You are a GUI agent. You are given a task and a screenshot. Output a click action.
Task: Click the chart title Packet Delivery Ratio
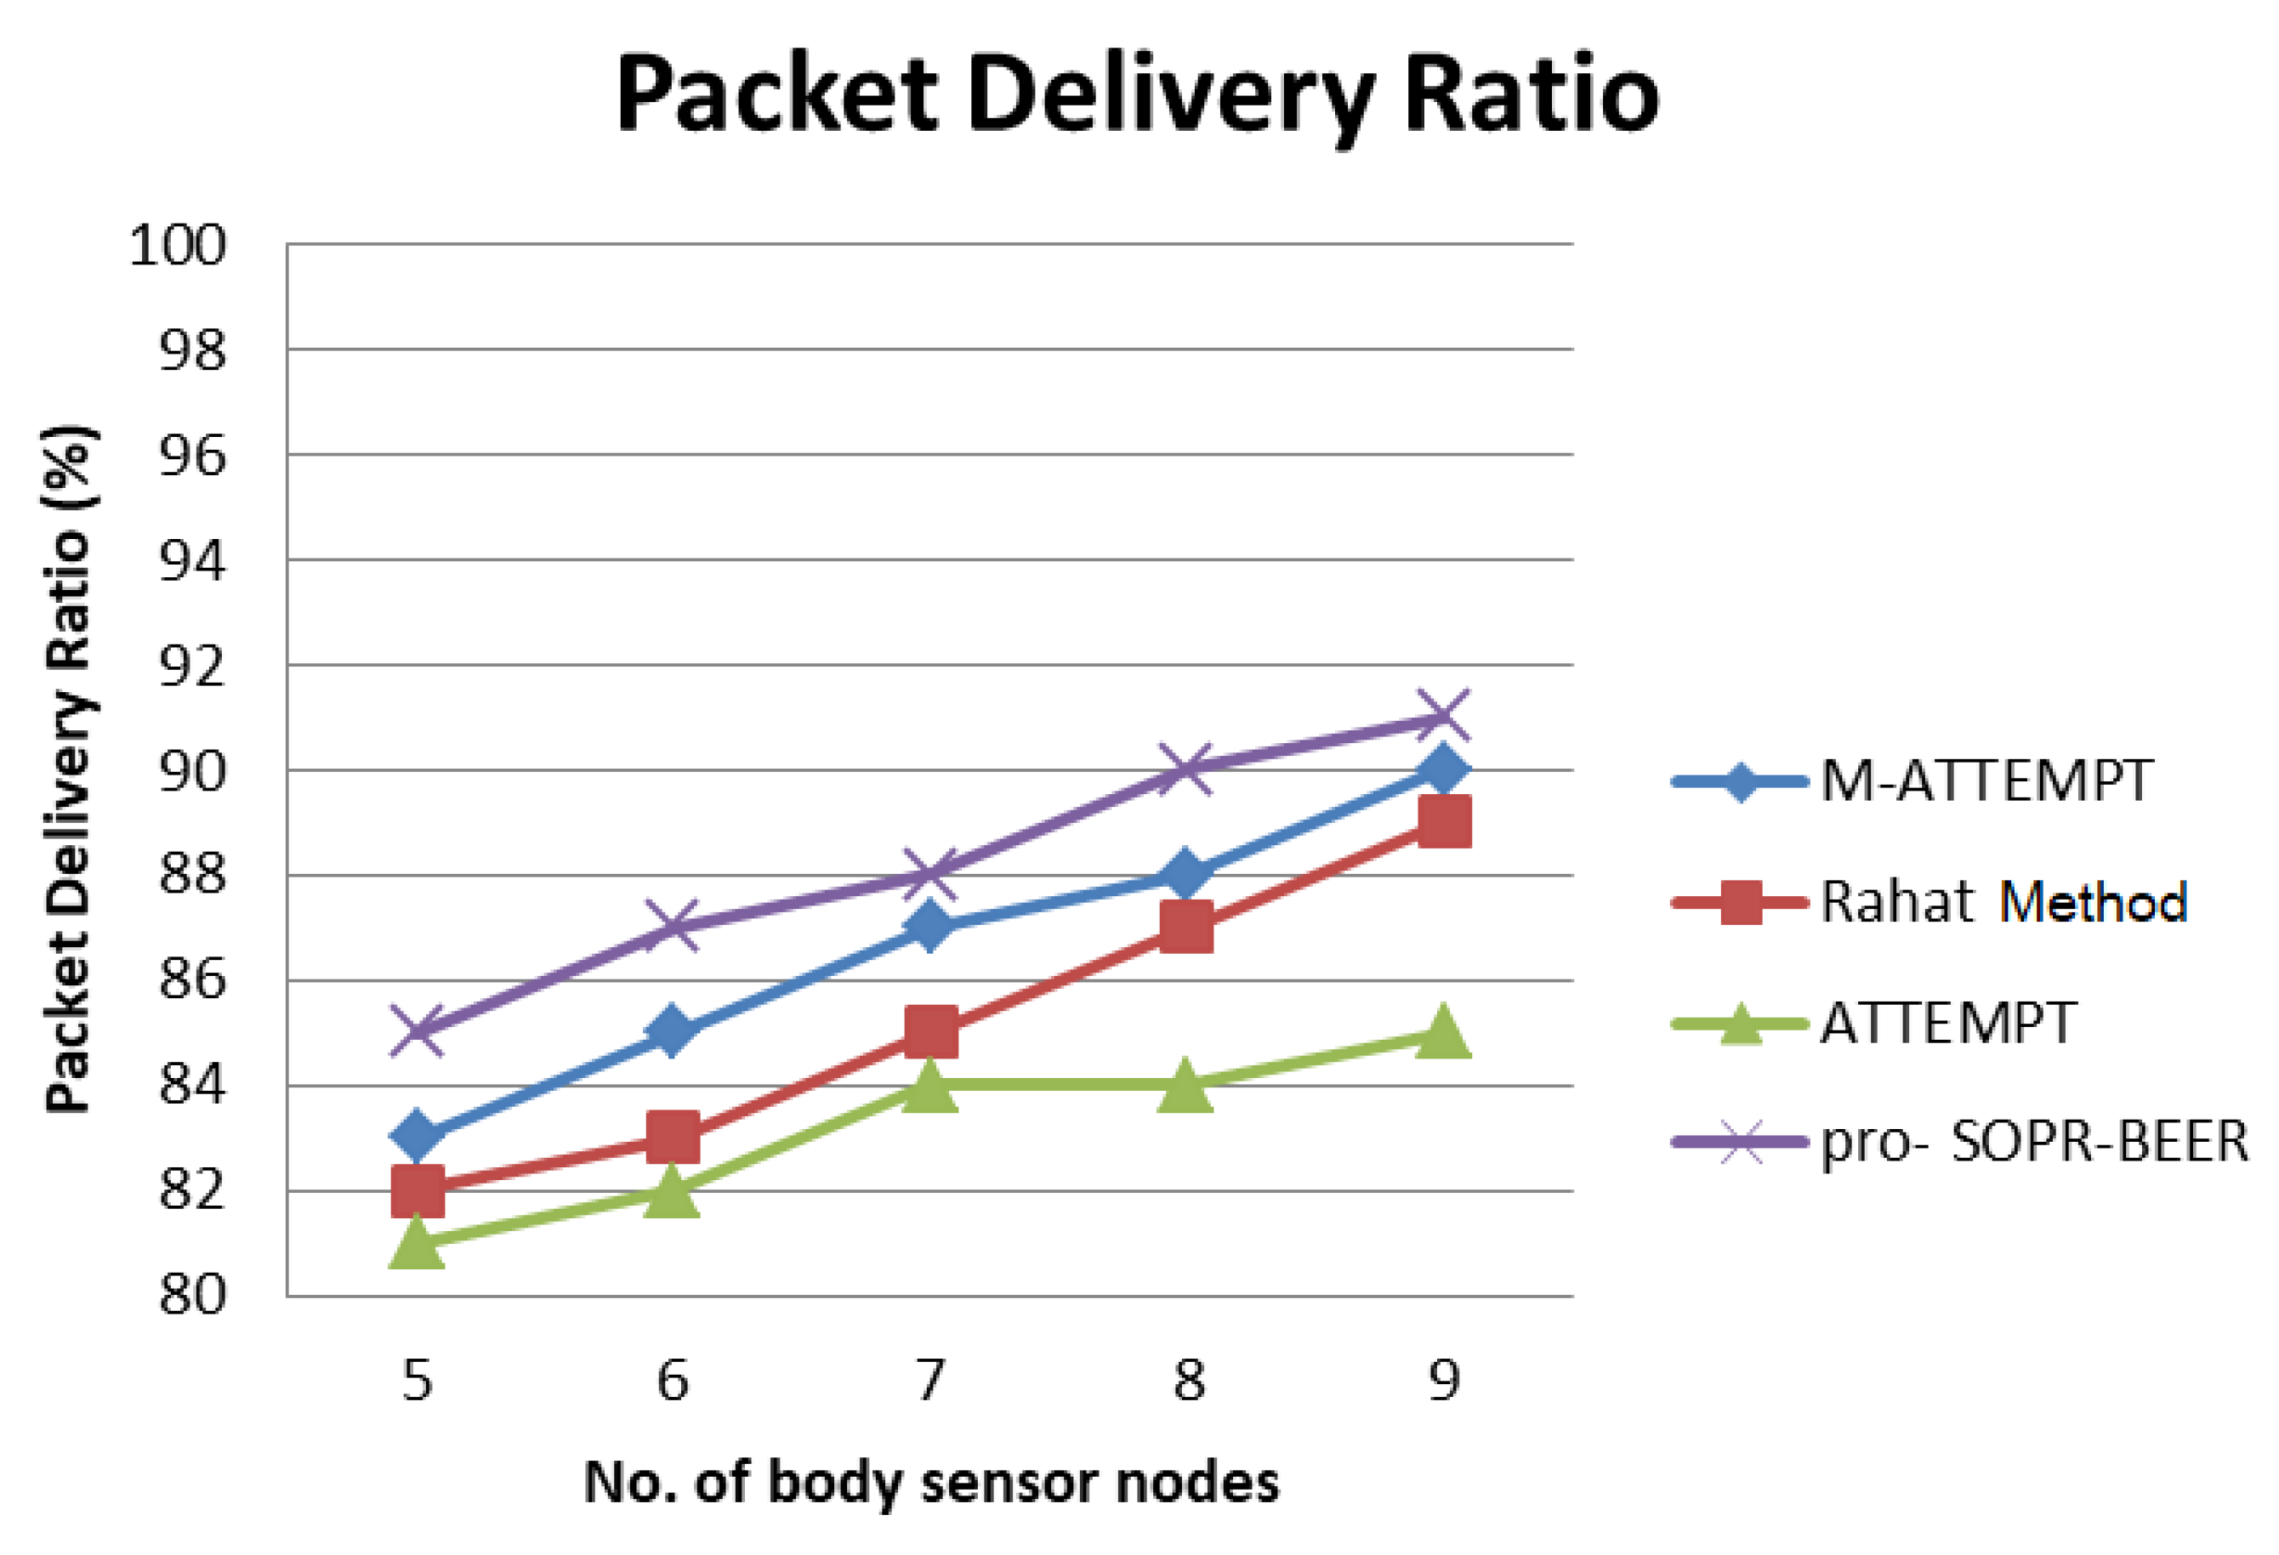point(1137,95)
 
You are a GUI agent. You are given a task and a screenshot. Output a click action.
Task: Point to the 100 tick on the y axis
point(178,245)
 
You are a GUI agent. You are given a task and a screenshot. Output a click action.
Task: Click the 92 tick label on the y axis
point(192,667)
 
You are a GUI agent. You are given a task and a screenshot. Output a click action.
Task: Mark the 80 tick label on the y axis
point(192,1294)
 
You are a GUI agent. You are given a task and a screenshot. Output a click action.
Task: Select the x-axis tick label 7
point(929,1381)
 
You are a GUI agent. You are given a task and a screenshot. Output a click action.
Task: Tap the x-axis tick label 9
point(1443,1381)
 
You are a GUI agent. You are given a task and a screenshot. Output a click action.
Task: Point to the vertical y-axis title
point(69,769)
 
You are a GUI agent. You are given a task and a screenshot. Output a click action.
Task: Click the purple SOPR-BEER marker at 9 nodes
point(1443,717)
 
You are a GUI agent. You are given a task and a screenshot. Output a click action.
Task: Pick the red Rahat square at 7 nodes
point(930,1032)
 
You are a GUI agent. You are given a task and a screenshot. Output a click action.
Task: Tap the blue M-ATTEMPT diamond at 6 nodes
point(673,1032)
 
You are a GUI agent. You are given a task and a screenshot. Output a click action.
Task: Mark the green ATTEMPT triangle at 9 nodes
point(1443,1031)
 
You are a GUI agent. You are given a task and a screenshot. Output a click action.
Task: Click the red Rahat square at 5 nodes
point(417,1190)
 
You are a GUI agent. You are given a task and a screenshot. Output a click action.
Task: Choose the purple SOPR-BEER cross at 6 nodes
point(673,927)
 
